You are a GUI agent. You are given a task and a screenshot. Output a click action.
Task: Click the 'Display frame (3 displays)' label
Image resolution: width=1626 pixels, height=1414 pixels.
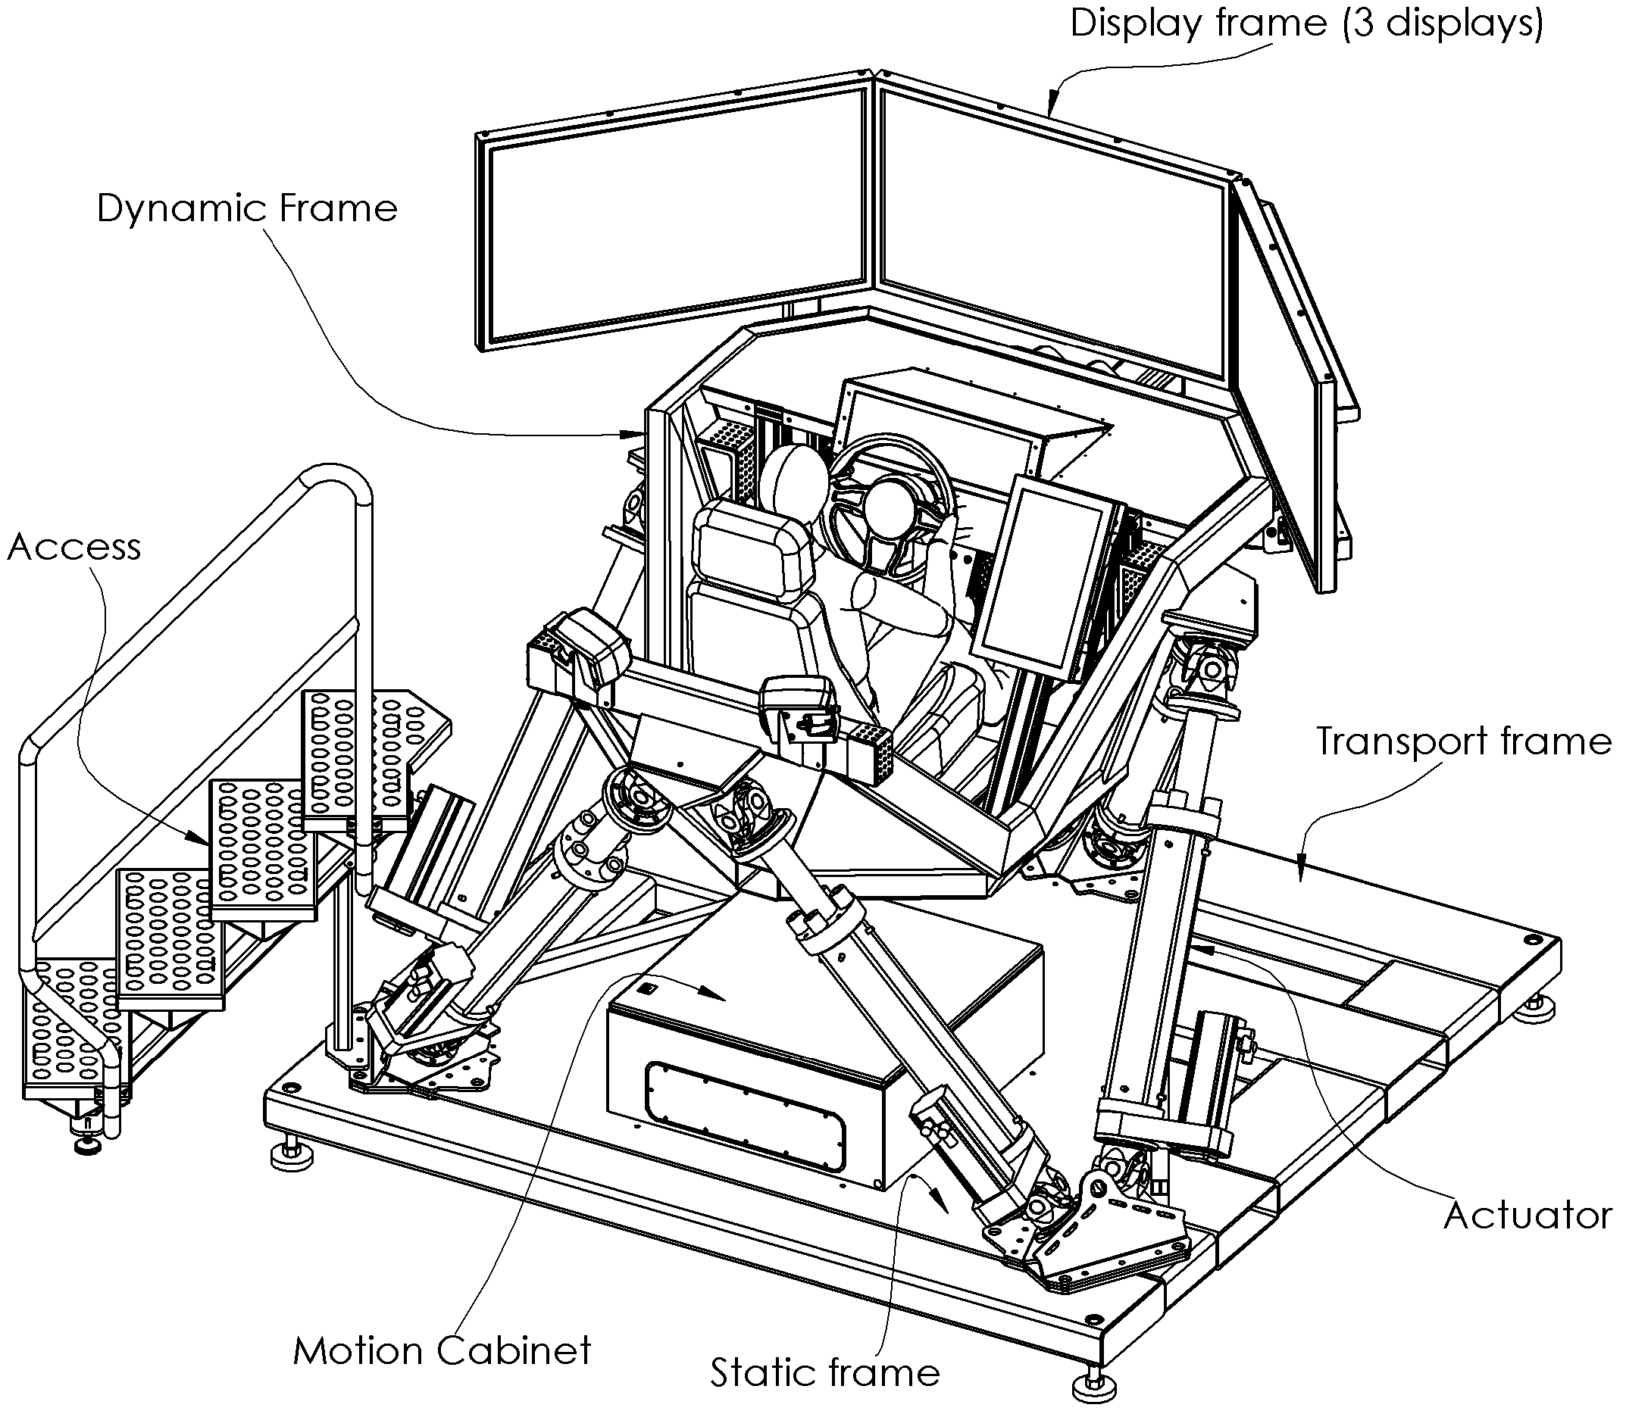(x=1305, y=23)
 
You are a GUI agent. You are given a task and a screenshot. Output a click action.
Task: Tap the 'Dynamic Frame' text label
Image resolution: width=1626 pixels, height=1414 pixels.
(x=247, y=209)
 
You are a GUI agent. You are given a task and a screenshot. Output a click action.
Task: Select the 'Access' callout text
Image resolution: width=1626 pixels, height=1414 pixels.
(x=74, y=547)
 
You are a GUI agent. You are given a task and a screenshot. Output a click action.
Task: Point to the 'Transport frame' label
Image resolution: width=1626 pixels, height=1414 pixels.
(x=1463, y=741)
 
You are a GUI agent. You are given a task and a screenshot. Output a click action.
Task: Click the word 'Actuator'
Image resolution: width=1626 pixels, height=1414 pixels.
(x=1528, y=1215)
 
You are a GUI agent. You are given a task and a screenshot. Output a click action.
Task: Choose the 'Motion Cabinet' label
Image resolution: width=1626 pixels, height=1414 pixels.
(x=442, y=1351)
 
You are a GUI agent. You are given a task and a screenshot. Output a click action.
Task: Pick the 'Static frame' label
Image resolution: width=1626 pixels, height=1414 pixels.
(x=825, y=1372)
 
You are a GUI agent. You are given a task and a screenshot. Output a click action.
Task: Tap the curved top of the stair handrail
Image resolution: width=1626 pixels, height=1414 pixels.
(x=336, y=477)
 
